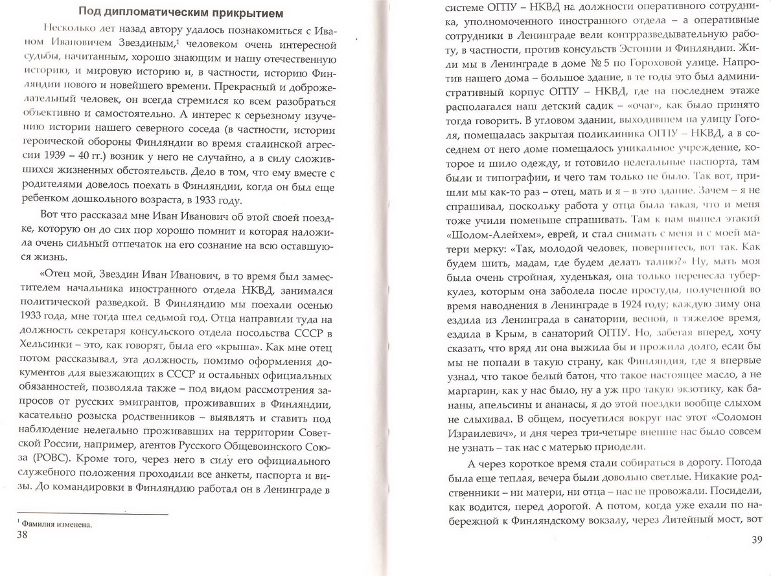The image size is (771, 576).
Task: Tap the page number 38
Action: tap(21, 534)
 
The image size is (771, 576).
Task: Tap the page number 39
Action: tap(752, 538)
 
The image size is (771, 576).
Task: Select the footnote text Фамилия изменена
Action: tap(56, 525)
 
